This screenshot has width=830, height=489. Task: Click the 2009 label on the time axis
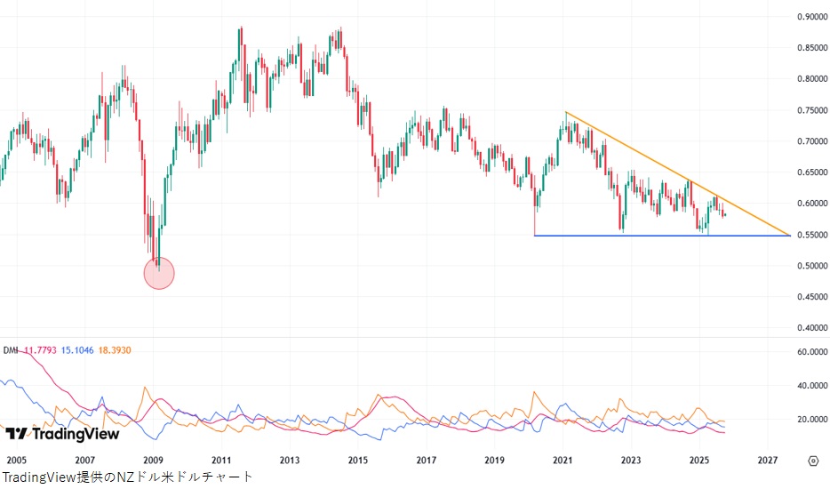coord(153,461)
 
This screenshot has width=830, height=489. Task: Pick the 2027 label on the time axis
coord(769,461)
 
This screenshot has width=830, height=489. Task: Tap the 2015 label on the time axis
coord(358,461)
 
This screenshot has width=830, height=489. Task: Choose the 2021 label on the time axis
coord(563,461)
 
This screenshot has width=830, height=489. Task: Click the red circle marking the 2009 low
coord(159,273)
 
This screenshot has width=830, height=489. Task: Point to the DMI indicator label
coord(11,351)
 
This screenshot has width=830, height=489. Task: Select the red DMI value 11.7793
coord(40,351)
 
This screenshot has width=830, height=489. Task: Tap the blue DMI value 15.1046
coord(77,351)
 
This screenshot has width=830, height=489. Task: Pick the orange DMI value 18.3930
coord(114,351)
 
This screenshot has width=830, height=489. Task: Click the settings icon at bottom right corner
coord(812,461)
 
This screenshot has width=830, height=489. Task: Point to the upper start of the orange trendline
coord(566,112)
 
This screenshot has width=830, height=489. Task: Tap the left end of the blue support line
coord(535,236)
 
